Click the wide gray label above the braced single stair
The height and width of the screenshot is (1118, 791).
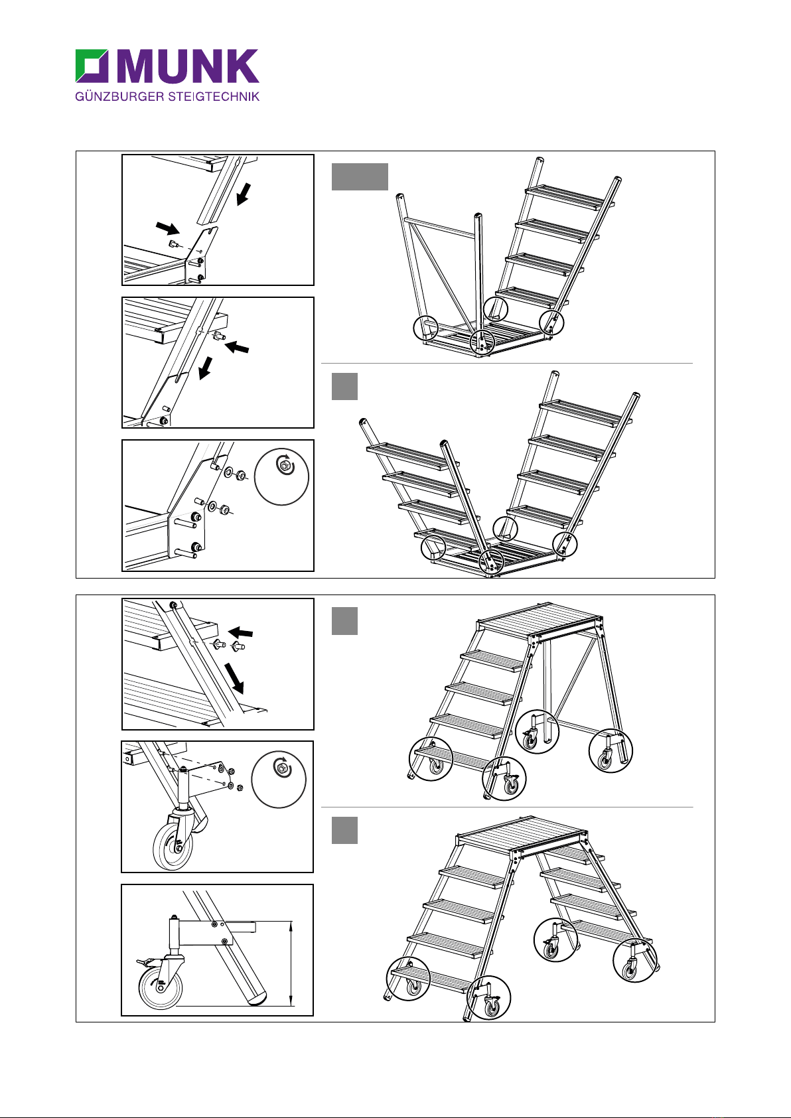[359, 176]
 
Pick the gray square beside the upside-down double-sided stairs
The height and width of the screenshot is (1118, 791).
[344, 386]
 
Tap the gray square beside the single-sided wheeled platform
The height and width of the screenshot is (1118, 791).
[344, 620]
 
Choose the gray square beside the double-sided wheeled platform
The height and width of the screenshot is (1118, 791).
[344, 830]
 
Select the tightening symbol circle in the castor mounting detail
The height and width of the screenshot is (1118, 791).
[279, 781]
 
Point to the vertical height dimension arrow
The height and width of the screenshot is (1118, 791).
[291, 963]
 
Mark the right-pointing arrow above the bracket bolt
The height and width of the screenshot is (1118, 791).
[167, 229]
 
